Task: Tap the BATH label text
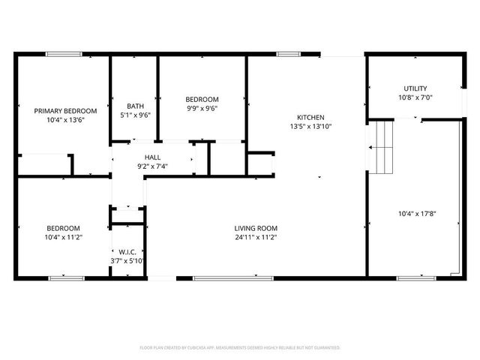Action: [x=135, y=106]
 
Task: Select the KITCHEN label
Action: [x=310, y=118]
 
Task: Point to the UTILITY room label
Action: [x=415, y=88]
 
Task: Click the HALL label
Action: [x=153, y=157]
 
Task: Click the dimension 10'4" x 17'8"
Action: [x=417, y=214]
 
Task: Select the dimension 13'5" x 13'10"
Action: [x=310, y=127]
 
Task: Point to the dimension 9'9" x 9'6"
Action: [x=202, y=108]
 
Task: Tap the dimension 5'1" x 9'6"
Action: [x=135, y=115]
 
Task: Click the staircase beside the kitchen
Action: [x=381, y=146]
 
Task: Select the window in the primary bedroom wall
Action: [x=64, y=54]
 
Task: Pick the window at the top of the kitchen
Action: [x=286, y=54]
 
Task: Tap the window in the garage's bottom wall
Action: [x=415, y=278]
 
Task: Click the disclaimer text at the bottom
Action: [x=240, y=348]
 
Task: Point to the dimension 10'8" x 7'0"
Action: [x=415, y=97]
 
